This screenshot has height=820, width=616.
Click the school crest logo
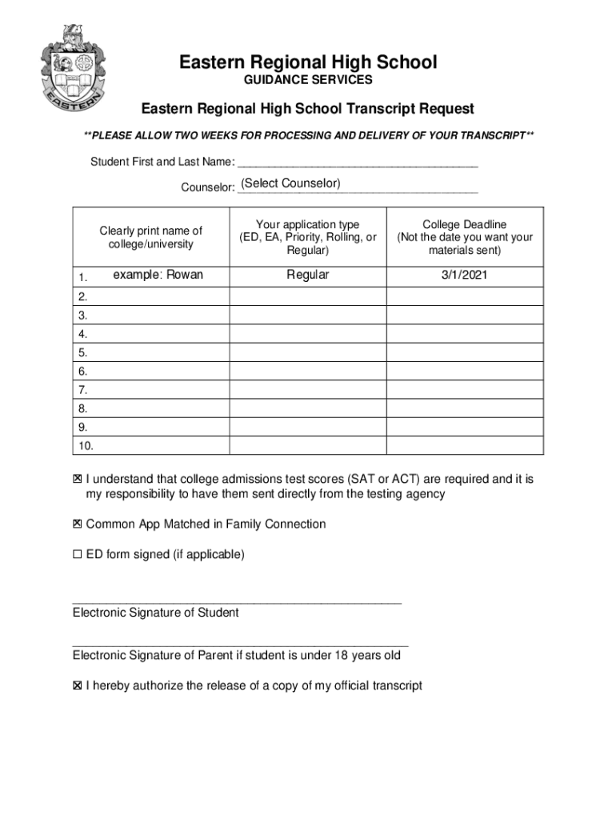pyautogui.click(x=71, y=69)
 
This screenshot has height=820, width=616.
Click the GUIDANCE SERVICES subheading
pyautogui.click(x=308, y=81)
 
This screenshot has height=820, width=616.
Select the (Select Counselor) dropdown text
pyautogui.click(x=291, y=184)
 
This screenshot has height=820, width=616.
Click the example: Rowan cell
pyautogui.click(x=158, y=275)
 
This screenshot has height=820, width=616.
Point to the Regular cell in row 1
pyautogui.click(x=308, y=275)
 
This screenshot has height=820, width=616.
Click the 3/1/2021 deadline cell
pyautogui.click(x=464, y=275)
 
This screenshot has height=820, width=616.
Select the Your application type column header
pyautogui.click(x=308, y=237)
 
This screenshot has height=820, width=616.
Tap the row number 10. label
pyautogui.click(x=86, y=445)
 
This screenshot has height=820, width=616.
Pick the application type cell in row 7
pyautogui.click(x=308, y=390)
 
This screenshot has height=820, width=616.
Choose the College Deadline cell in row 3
pyautogui.click(x=464, y=316)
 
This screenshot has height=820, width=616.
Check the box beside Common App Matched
pyautogui.click(x=78, y=524)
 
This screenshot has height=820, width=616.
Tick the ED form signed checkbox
pyautogui.click(x=78, y=554)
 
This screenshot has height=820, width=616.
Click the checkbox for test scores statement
pyautogui.click(x=78, y=479)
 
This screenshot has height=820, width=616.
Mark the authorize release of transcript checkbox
pyautogui.click(x=78, y=685)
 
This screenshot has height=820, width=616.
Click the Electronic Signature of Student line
pyautogui.click(x=237, y=601)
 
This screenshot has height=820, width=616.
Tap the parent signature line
pyautogui.click(x=240, y=644)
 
